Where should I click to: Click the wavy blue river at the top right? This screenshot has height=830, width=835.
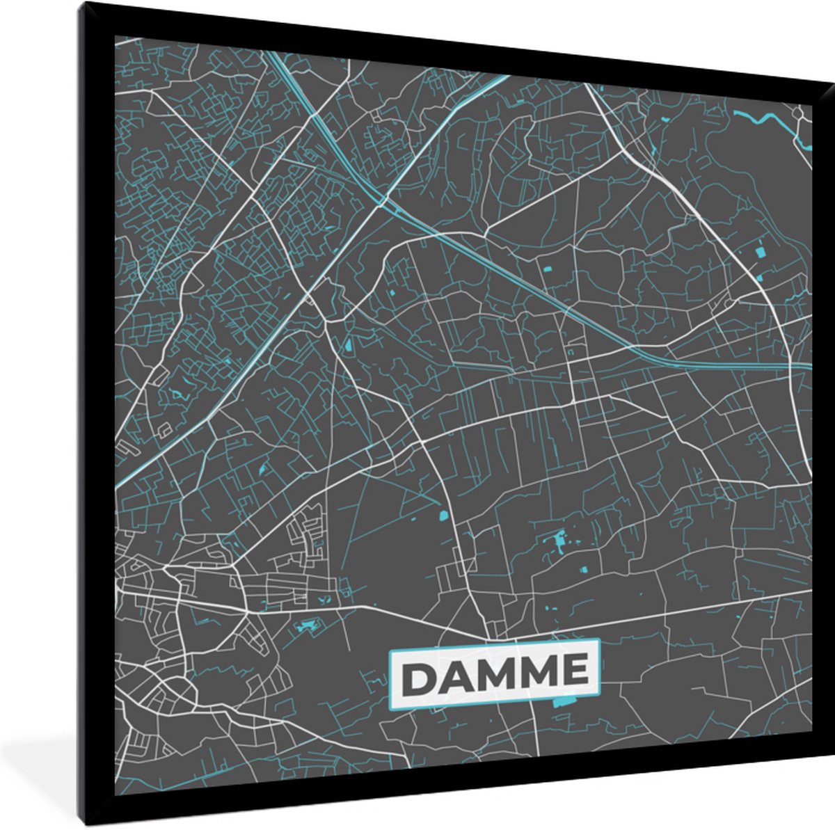click(x=765, y=119)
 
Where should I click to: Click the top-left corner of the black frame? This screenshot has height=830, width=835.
click(x=82, y=3)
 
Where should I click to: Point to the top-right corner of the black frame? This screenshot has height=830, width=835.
click(x=832, y=82)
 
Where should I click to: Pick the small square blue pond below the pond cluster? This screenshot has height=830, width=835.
click(x=583, y=570)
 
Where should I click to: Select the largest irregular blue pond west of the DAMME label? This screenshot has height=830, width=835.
click(x=305, y=627)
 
